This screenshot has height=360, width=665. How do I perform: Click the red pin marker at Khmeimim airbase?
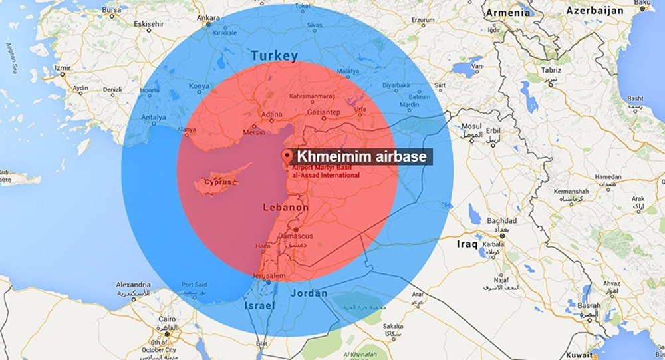coord(287,157)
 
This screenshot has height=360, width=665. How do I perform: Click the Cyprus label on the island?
coord(220,182)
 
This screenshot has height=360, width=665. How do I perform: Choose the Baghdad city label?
coord(501,220)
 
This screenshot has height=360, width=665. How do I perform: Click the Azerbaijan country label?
coord(595,11)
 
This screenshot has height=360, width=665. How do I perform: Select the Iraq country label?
coord(467,245)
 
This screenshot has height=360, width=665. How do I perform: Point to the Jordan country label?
coord(309,293)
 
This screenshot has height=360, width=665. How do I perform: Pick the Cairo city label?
coord(166,319)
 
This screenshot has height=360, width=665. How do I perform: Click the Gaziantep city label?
coord(323,113)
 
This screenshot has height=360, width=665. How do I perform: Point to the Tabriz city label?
coord(549,71)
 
